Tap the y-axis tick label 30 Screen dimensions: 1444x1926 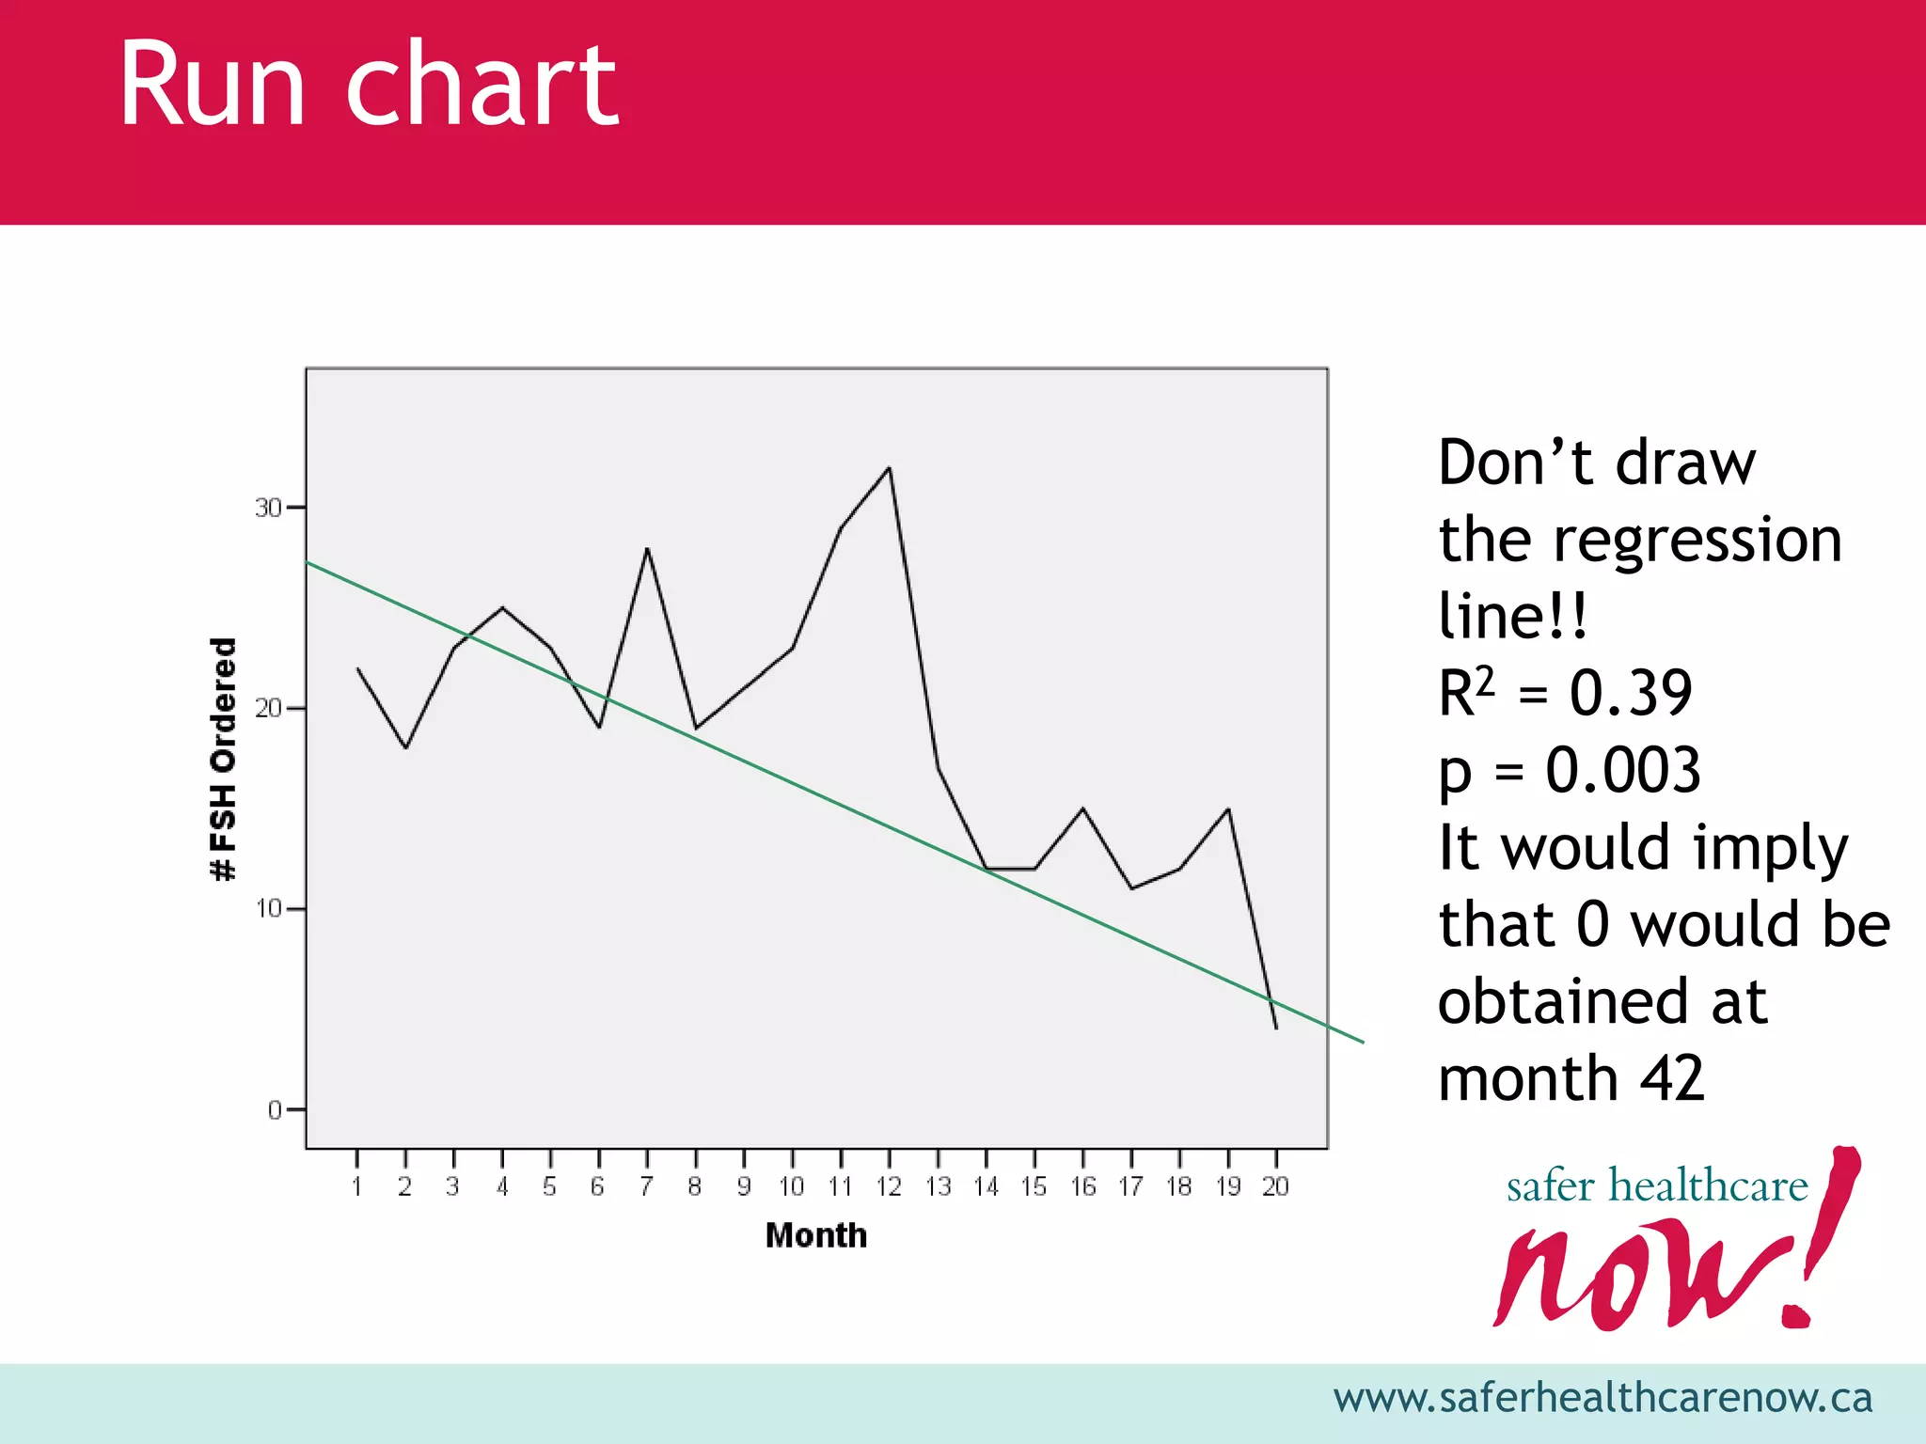click(x=268, y=509)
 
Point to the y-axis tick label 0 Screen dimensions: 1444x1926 click(x=275, y=1110)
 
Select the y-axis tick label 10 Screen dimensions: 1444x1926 click(x=268, y=909)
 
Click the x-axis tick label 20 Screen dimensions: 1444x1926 click(x=1275, y=1187)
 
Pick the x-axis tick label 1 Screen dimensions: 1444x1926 click(x=357, y=1187)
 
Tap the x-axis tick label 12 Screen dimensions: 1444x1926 click(x=889, y=1187)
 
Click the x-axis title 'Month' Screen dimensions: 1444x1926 click(x=815, y=1235)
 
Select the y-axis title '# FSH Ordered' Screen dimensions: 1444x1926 click(x=223, y=759)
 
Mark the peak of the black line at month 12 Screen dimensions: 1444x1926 click(x=889, y=468)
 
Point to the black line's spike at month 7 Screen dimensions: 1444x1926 click(x=647, y=549)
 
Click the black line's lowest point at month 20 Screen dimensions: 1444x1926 click(x=1276, y=1028)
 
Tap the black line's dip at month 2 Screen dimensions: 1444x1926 click(x=405, y=747)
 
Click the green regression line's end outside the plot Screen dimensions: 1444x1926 click(x=1361, y=1041)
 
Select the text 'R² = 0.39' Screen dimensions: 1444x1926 click(x=1565, y=694)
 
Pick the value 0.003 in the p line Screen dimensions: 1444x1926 click(x=1622, y=771)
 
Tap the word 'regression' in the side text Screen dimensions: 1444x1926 click(x=1697, y=541)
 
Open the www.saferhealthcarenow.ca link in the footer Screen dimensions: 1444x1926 click(x=1602, y=1398)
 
